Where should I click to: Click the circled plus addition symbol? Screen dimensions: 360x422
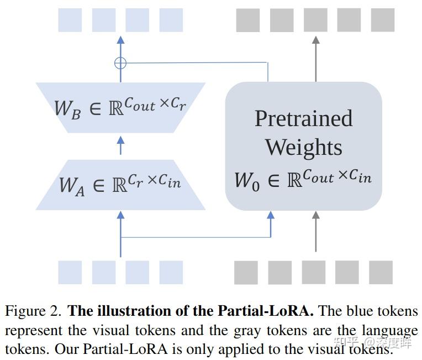click(120, 63)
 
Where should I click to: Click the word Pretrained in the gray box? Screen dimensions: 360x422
click(303, 119)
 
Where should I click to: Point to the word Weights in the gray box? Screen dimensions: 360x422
click(303, 147)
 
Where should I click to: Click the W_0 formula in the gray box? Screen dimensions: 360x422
click(303, 178)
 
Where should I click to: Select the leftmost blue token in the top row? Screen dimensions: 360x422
click(70, 20)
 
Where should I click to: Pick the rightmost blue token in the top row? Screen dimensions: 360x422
click(171, 20)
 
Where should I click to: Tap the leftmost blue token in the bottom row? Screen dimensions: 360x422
click(70, 272)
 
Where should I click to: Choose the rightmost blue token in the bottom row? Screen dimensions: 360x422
click(171, 272)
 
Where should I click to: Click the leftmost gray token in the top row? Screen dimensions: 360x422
click(248, 20)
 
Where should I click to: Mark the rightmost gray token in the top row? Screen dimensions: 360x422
click(382, 20)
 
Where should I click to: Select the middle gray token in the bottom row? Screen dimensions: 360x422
click(314, 272)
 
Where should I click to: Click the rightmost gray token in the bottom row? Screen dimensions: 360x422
click(381, 272)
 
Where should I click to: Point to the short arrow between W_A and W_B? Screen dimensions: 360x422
click(121, 145)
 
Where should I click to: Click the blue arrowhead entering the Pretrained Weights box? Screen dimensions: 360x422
click(271, 216)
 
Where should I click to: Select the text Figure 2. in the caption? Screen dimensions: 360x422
click(33, 311)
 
